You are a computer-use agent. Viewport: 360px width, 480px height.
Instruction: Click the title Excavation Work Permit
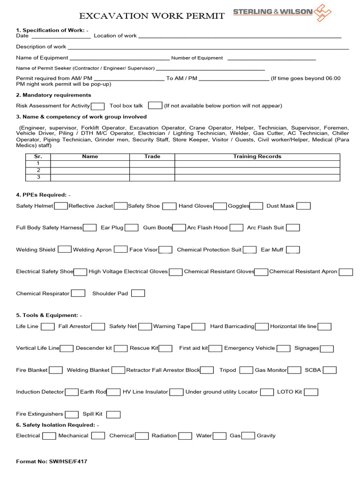tap(152, 16)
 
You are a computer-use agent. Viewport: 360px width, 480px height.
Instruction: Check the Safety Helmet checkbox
tap(60, 206)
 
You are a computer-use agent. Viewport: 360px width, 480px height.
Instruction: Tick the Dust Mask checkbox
tap(303, 206)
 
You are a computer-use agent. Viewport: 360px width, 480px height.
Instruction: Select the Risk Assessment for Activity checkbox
tap(97, 106)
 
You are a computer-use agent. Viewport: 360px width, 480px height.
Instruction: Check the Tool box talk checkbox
tap(155, 106)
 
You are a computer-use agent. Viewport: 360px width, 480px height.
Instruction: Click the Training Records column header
tap(257, 157)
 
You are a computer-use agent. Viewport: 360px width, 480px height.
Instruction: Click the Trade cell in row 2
tap(152, 170)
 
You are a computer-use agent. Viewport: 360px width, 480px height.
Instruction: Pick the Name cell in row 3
tap(90, 177)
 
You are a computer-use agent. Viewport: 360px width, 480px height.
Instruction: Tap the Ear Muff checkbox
tap(292, 250)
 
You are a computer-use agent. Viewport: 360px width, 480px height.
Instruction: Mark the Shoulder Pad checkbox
tap(138, 293)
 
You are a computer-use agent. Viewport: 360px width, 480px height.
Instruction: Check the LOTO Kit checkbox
tap(311, 392)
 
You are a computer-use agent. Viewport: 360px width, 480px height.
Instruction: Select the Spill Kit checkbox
tap(113, 414)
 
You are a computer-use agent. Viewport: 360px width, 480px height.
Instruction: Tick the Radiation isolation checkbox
tap(185, 436)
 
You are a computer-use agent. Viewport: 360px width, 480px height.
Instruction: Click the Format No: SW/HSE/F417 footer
tap(52, 462)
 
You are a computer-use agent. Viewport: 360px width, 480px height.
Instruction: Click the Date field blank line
tap(60, 36)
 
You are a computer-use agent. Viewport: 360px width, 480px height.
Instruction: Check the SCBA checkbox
tap(330, 370)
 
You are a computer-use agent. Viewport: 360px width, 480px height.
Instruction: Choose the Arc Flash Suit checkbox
tap(292, 228)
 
